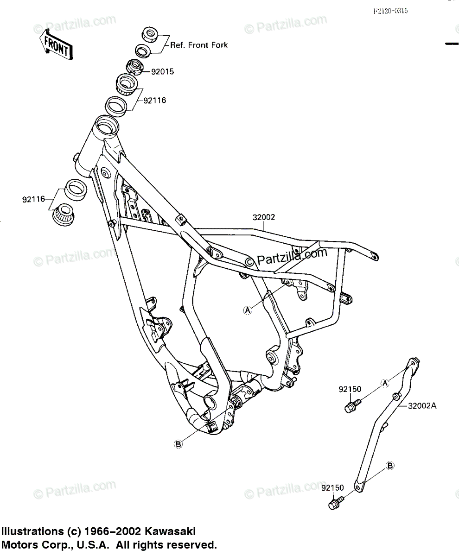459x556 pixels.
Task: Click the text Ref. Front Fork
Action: (x=199, y=45)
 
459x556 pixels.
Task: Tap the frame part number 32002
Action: (x=264, y=216)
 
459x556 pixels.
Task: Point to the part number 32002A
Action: (x=422, y=406)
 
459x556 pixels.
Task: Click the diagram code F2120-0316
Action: (x=391, y=11)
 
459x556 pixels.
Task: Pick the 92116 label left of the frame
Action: (x=33, y=200)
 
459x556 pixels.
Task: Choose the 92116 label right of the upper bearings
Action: (x=154, y=100)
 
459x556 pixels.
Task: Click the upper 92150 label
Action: (x=350, y=389)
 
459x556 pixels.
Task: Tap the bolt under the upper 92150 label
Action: (x=351, y=407)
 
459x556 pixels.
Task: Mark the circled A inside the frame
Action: (x=248, y=310)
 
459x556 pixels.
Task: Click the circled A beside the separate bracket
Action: (x=384, y=383)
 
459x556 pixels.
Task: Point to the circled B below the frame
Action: (x=178, y=444)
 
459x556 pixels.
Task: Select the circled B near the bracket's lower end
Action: (x=390, y=465)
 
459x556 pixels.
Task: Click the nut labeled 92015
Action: (x=135, y=66)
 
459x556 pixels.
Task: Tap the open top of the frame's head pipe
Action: (x=106, y=126)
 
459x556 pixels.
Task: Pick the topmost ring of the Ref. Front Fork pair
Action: (x=150, y=34)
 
